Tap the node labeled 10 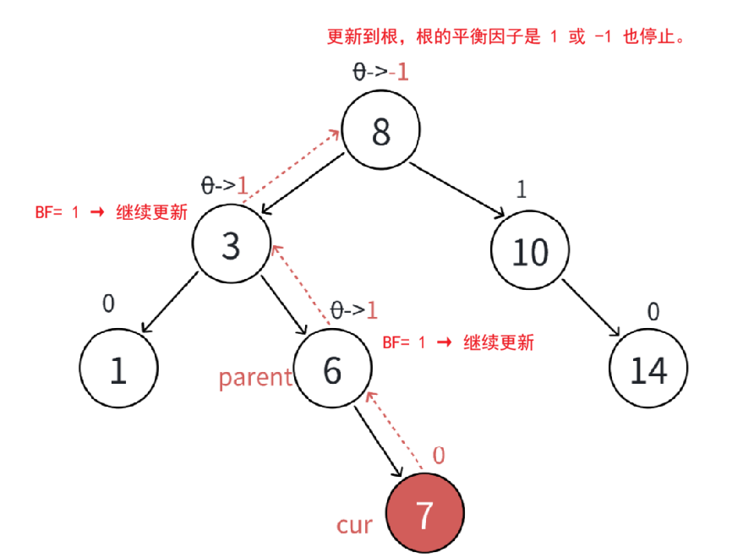tap(530, 252)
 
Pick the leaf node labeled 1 tap(118, 370)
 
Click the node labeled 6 tap(333, 370)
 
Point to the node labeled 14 tap(648, 370)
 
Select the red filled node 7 tap(425, 515)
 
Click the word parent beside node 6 tap(255, 377)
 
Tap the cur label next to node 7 tap(354, 525)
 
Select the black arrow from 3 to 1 tap(175, 304)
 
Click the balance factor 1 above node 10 tap(521, 190)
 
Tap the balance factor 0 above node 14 tap(653, 312)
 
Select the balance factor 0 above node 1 tap(108, 303)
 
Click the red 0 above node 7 tap(439, 456)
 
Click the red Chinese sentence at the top tap(505, 38)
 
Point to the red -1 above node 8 tap(400, 72)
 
